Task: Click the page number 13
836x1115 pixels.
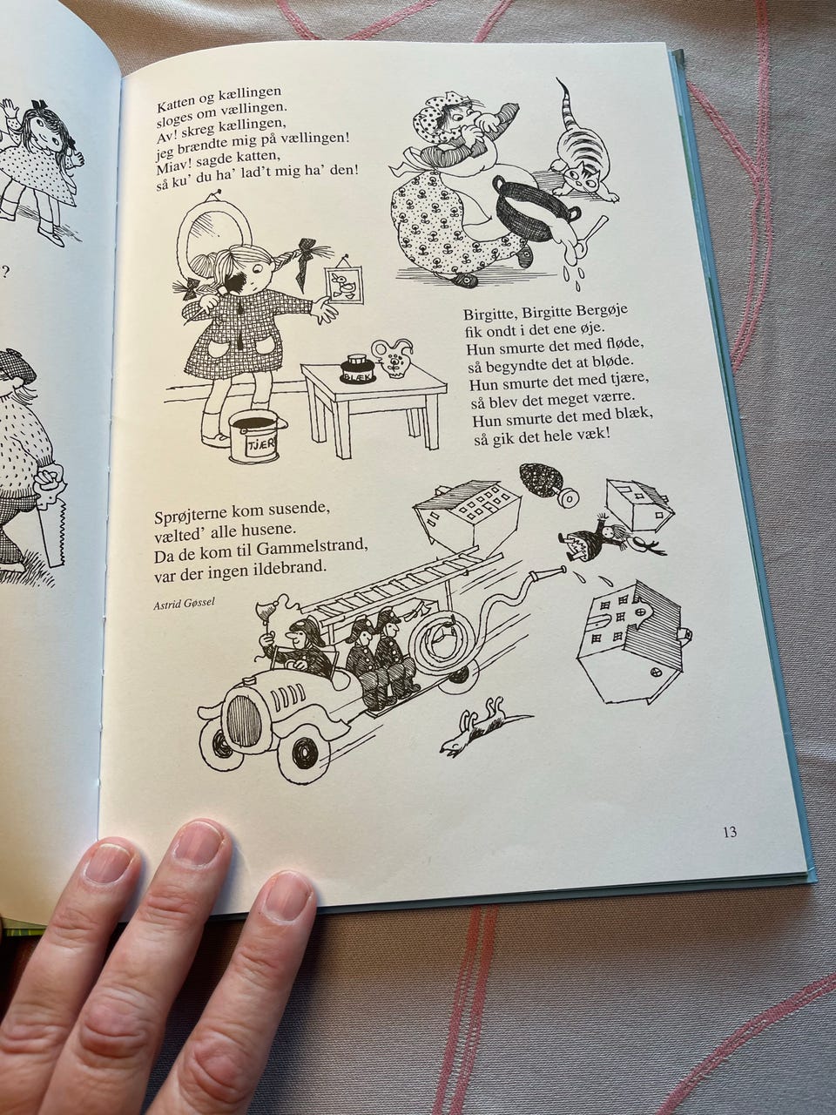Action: [x=730, y=833]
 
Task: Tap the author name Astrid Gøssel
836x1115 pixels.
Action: [x=177, y=603]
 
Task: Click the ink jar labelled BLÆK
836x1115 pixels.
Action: [x=360, y=368]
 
